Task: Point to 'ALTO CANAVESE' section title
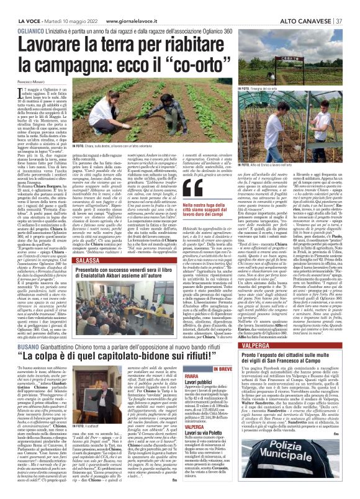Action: pyautogui.click(x=305, y=6)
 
